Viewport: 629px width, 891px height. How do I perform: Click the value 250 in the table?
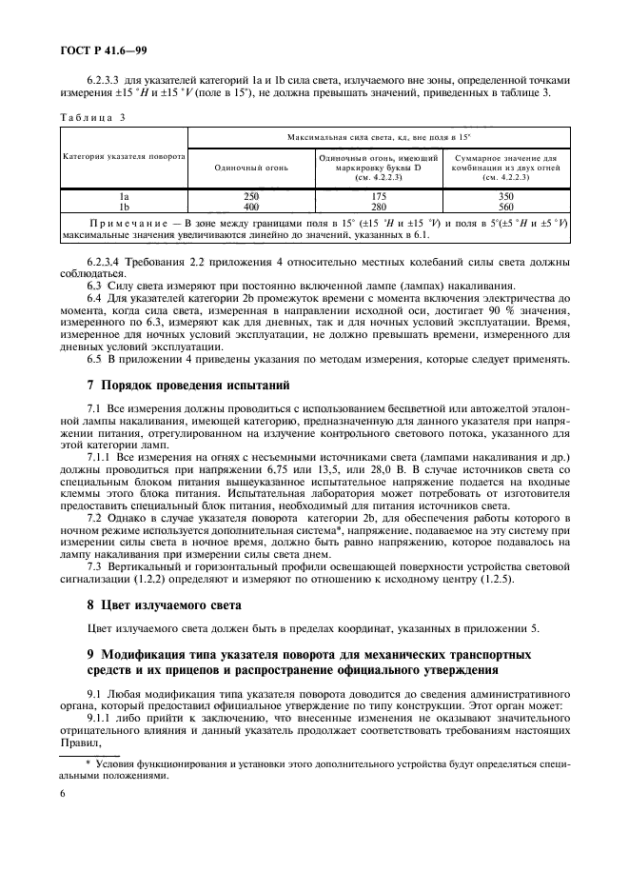(x=251, y=195)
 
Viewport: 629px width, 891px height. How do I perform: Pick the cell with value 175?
(x=378, y=195)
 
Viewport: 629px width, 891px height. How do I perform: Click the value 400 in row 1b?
(x=251, y=206)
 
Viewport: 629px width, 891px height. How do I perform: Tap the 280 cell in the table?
(x=378, y=206)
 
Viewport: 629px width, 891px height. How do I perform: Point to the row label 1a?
(x=124, y=195)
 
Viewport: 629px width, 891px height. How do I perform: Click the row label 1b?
(x=124, y=206)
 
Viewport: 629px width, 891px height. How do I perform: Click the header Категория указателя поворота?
(x=124, y=155)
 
